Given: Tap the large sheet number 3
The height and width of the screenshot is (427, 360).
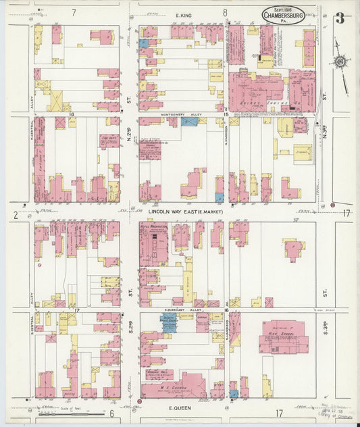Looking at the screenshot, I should tap(339, 18).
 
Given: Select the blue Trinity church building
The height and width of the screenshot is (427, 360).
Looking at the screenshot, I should tap(168, 322).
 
